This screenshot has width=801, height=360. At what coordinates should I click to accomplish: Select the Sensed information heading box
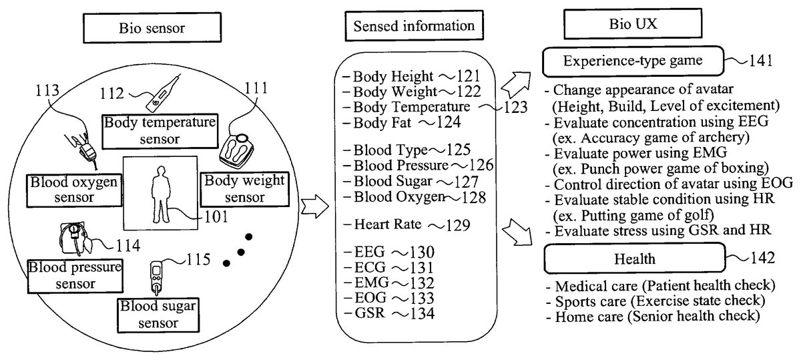414,26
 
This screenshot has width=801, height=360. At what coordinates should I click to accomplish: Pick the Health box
635,257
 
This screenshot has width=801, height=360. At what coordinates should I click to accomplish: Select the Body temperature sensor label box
160,131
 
